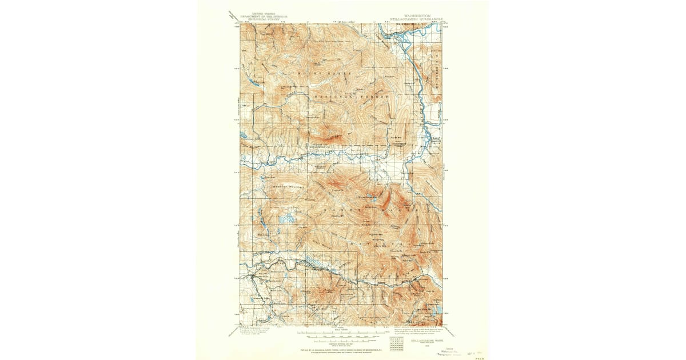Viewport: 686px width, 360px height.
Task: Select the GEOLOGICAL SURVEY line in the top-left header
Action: click(255, 17)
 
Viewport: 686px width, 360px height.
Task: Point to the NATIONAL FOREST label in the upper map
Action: click(350, 98)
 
